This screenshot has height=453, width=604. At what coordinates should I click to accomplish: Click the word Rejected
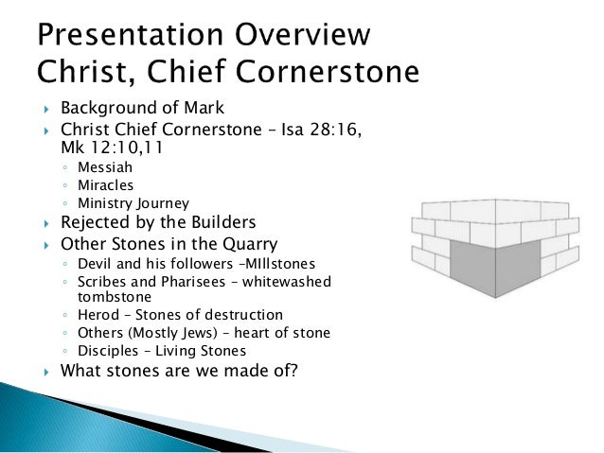tap(97, 224)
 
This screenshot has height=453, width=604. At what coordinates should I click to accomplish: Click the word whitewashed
tap(300, 282)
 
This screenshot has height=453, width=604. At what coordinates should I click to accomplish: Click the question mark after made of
tap(293, 371)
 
